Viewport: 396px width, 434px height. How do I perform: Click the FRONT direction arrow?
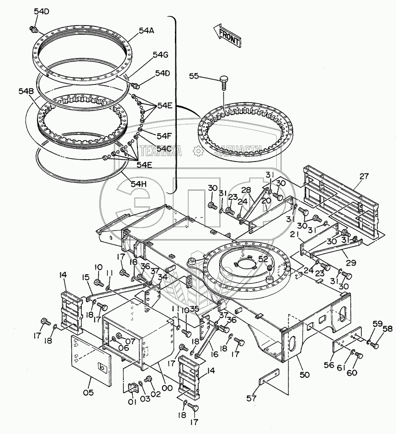coord(227,35)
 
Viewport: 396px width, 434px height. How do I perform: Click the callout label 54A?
coord(147,31)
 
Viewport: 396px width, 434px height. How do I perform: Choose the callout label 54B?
coord(26,91)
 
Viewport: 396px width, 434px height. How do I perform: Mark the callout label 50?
coord(305,375)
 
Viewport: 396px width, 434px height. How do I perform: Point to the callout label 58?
coord(387,329)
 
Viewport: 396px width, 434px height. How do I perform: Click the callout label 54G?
coord(161,55)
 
